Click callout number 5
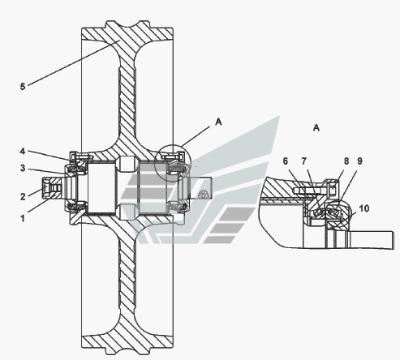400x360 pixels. [23, 87]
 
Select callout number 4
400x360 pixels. [23, 151]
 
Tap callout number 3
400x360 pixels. [23, 168]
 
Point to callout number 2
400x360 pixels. [23, 196]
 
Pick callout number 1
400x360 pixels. [23, 218]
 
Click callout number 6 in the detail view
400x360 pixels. [286, 161]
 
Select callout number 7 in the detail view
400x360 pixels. [303, 161]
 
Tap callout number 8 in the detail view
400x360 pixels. [346, 161]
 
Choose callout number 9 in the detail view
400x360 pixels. [359, 161]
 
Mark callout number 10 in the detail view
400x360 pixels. [364, 208]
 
